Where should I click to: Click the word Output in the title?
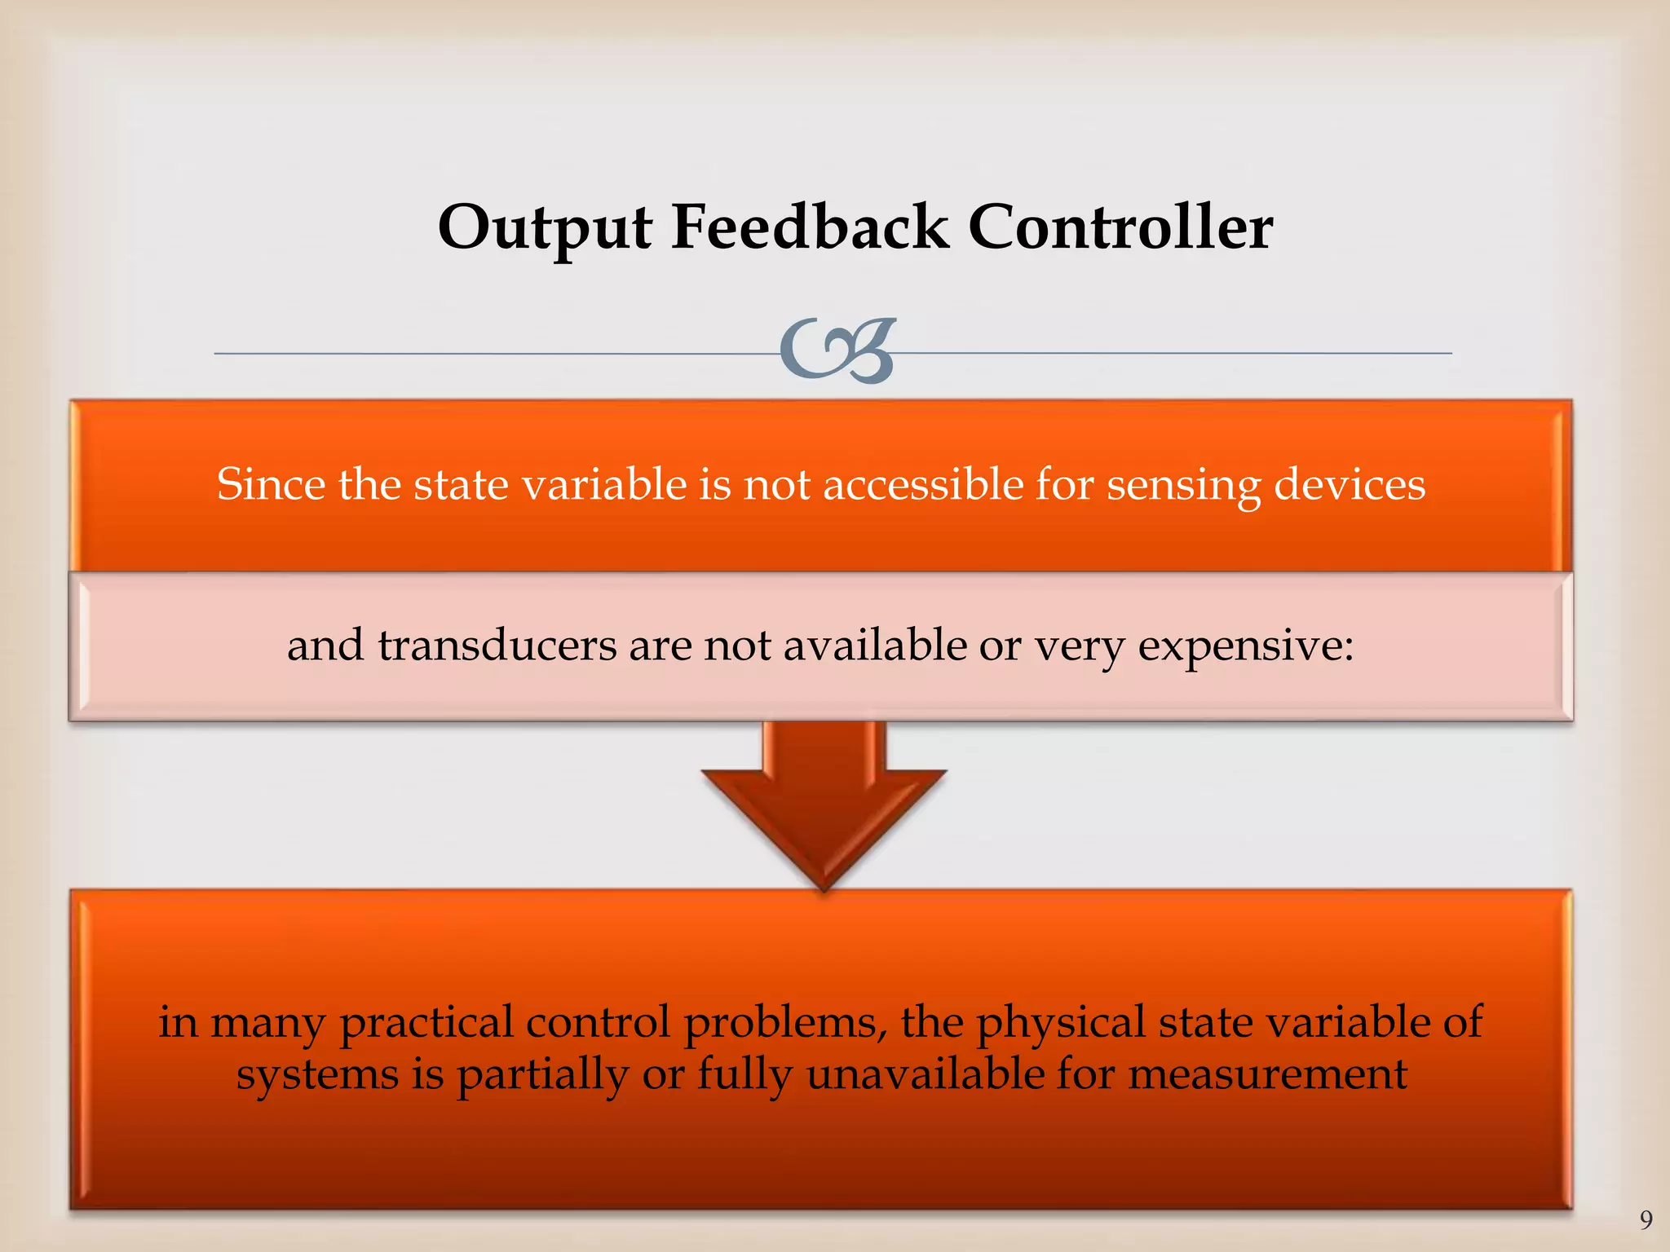[x=544, y=228]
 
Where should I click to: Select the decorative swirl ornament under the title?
[x=837, y=351]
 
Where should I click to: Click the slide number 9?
[x=1646, y=1219]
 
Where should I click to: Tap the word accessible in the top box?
[x=923, y=484]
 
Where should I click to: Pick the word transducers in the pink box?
[x=497, y=646]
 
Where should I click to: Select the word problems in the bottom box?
[x=785, y=1023]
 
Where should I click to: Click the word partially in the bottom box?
[x=542, y=1075]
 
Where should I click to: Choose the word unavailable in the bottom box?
[x=925, y=1073]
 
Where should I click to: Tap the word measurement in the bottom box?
[x=1267, y=1073]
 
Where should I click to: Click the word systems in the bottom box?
[x=317, y=1075]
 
